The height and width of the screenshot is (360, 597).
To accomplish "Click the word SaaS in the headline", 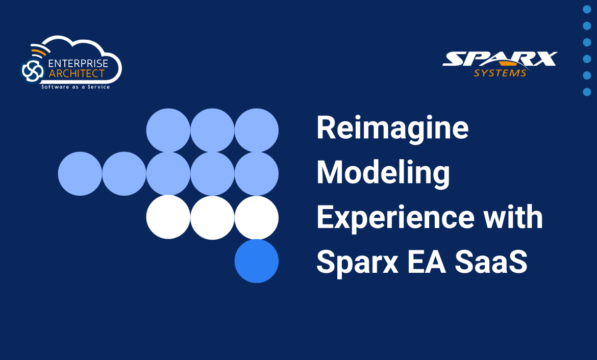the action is coord(491,262).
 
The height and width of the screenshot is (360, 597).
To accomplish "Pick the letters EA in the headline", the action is coord(427,262).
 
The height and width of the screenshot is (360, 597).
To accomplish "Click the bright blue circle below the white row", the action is coord(257,261).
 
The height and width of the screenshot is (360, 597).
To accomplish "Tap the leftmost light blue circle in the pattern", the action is coord(80,173).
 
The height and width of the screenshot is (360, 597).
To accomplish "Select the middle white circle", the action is coord(212,217).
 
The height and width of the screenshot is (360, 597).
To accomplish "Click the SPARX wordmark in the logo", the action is coord(500,59).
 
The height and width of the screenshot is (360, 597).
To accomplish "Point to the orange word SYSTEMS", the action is coord(500,73).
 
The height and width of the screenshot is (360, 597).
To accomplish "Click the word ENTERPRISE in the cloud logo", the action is coord(78,63).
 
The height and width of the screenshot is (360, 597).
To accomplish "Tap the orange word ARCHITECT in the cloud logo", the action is coord(77,73).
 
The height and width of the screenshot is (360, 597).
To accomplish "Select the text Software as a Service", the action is coord(76,87).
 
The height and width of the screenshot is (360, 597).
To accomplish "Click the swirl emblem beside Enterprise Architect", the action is coord(32,70).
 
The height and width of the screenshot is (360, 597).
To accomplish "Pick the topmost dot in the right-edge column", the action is coord(587,9).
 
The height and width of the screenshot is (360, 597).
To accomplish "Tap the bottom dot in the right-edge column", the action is coord(587,92).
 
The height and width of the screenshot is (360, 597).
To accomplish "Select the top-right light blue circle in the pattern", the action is coord(257,130).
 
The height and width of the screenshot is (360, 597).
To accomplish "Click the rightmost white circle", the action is coord(257,217).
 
